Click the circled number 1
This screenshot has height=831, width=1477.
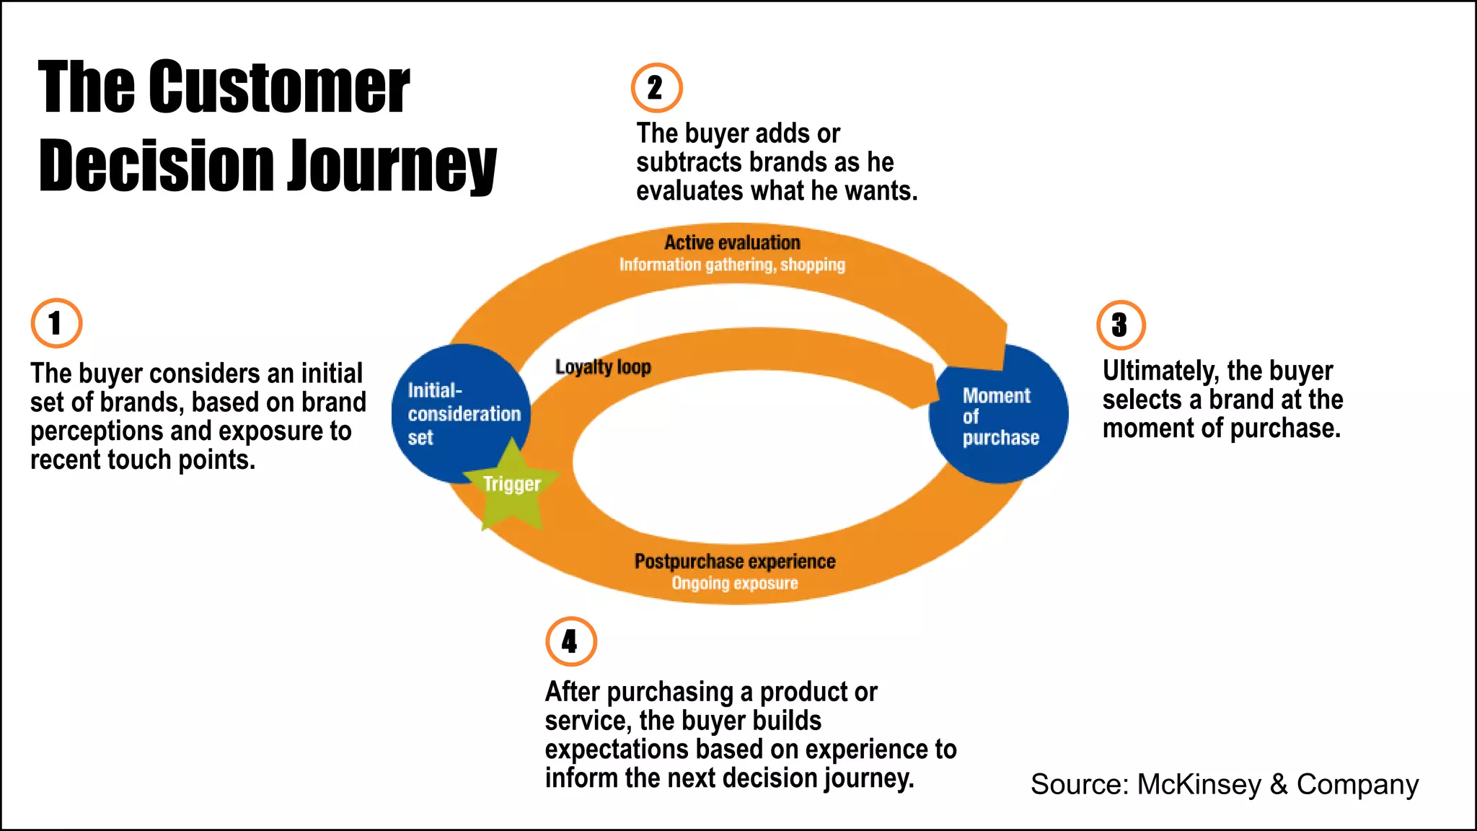pyautogui.click(x=56, y=323)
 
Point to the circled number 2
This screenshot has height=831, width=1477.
pyautogui.click(x=656, y=88)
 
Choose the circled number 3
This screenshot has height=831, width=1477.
pyautogui.click(x=1121, y=325)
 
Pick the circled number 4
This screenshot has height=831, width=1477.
pyautogui.click(x=570, y=641)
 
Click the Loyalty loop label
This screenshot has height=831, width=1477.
pyautogui.click(x=603, y=367)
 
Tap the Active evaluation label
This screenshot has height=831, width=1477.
pyautogui.click(x=732, y=242)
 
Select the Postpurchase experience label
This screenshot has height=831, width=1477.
pyautogui.click(x=734, y=561)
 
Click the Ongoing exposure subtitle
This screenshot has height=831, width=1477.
pyautogui.click(x=734, y=583)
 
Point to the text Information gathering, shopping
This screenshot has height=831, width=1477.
pyautogui.click(x=732, y=265)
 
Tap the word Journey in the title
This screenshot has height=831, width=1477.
pyautogui.click(x=392, y=166)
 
